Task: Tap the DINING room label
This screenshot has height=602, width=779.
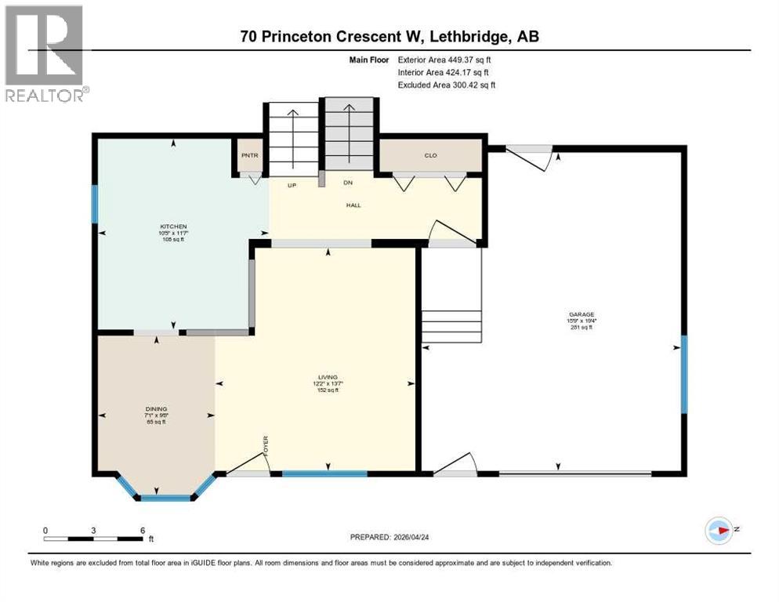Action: tap(156, 409)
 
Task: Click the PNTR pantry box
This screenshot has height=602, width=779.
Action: tap(250, 155)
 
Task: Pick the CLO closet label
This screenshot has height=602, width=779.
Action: tap(430, 155)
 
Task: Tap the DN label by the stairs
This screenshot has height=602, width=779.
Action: tap(348, 183)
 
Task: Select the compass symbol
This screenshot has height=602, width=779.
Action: tap(719, 531)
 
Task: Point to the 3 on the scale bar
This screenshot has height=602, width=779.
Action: tap(93, 531)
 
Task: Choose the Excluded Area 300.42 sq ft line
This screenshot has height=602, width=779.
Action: tap(447, 85)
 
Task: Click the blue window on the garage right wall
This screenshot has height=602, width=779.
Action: tap(683, 374)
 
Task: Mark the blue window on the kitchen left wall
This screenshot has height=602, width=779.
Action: tap(95, 204)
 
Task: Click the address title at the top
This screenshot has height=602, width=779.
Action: tap(389, 37)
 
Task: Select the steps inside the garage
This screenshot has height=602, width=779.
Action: tap(451, 326)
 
